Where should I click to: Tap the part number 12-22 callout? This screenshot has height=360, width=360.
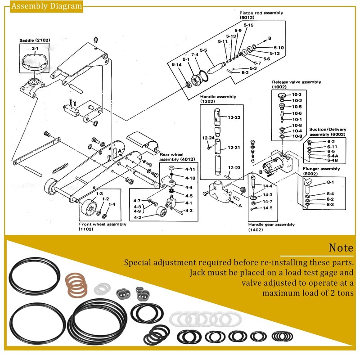click(234, 117)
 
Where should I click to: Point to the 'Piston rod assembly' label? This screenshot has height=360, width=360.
click(261, 13)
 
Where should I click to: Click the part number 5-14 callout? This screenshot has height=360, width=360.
click(177, 65)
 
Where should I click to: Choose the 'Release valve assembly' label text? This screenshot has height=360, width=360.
click(296, 82)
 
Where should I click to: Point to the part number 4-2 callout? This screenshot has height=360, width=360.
click(137, 217)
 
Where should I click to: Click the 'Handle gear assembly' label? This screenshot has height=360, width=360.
click(271, 224)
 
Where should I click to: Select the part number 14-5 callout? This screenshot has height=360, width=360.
click(268, 208)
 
